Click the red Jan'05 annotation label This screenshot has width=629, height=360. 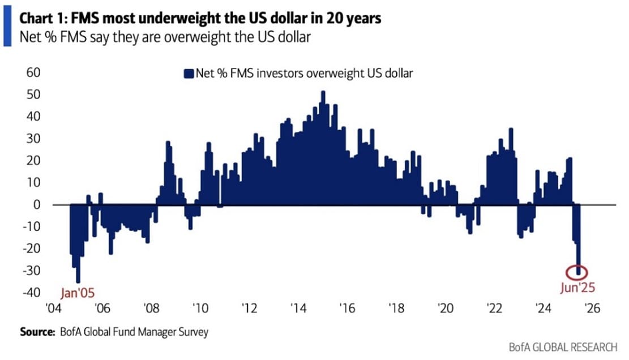(x=78, y=294)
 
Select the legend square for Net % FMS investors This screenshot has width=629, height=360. (x=188, y=73)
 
